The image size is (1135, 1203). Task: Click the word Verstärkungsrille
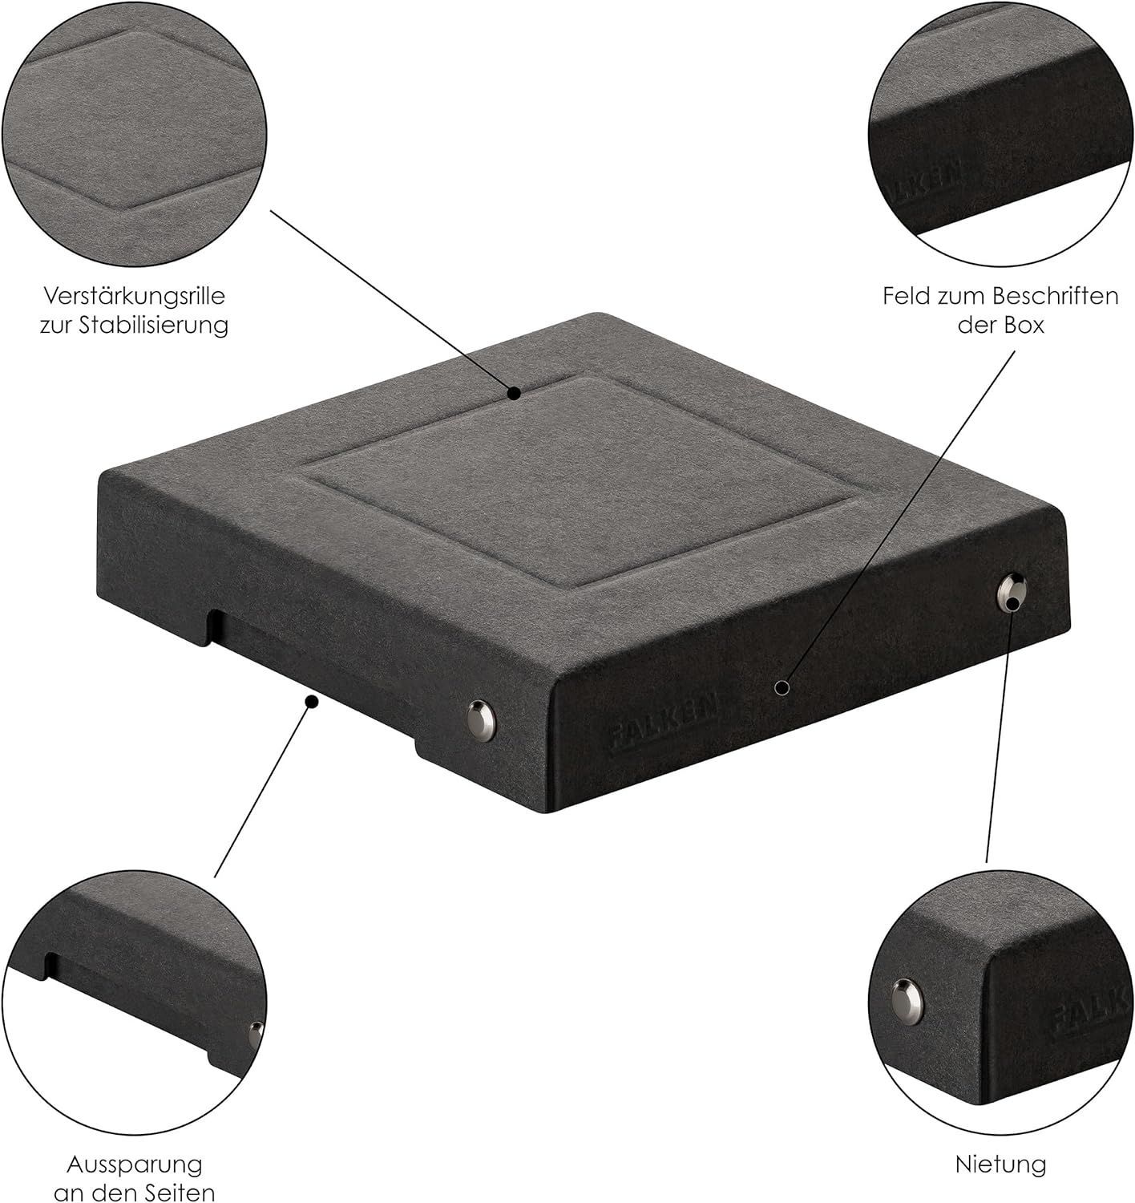[x=135, y=297]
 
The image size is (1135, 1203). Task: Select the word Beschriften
[x=1055, y=296]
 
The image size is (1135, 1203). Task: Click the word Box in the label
[x=1024, y=326]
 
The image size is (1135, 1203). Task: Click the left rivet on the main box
[x=482, y=719]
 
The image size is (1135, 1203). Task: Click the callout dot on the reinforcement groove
[x=514, y=394]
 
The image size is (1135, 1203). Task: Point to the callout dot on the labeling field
[x=782, y=687]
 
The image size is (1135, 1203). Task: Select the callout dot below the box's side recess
[x=312, y=702]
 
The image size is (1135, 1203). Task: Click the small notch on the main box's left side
[x=212, y=627]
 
